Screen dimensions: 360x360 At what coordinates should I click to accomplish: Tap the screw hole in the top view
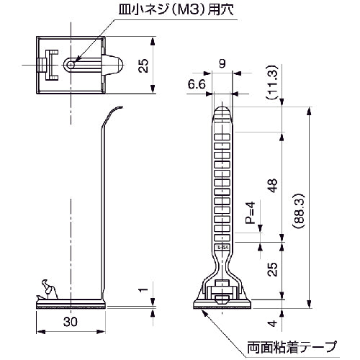pyautogui.click(x=71, y=64)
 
